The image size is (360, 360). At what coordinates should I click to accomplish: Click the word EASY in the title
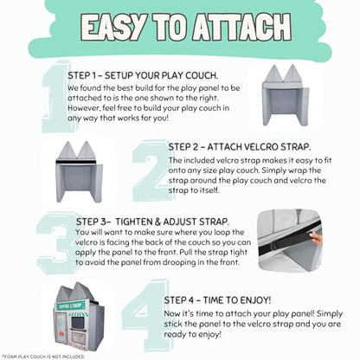click(x=113, y=27)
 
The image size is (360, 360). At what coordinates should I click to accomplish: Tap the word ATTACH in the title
click(x=242, y=27)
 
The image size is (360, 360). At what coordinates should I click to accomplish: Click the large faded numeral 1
click(x=55, y=97)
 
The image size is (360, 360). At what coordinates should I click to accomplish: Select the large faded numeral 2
click(x=151, y=170)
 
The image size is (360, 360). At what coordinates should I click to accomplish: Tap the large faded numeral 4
click(x=146, y=315)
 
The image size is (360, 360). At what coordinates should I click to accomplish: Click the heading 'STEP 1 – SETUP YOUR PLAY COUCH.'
click(x=143, y=75)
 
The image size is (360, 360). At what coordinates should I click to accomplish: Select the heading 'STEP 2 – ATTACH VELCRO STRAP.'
click(x=240, y=147)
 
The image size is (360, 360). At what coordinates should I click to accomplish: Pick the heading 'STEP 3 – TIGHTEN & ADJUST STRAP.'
click(x=152, y=222)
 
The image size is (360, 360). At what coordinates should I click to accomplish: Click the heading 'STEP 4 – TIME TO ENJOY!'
click(x=217, y=300)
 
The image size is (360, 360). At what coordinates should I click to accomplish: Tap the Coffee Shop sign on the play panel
click(x=71, y=305)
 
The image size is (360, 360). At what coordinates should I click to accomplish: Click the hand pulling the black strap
click(x=316, y=238)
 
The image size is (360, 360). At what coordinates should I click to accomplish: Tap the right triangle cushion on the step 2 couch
click(x=87, y=150)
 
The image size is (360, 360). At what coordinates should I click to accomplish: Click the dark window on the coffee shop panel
click(x=77, y=324)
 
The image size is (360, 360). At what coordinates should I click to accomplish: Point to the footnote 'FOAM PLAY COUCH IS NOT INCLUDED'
click(x=43, y=357)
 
